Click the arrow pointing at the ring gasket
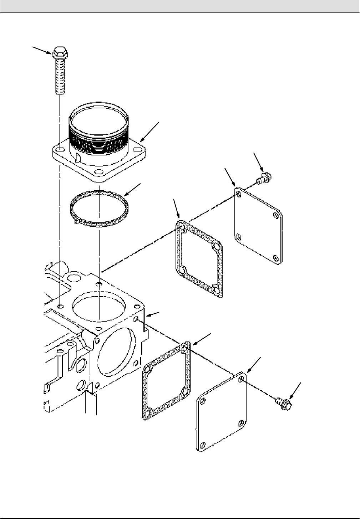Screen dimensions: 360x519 click(x=133, y=189)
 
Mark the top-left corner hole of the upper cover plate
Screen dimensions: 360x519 click(x=238, y=194)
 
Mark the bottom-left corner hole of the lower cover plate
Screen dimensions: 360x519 click(x=202, y=446)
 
